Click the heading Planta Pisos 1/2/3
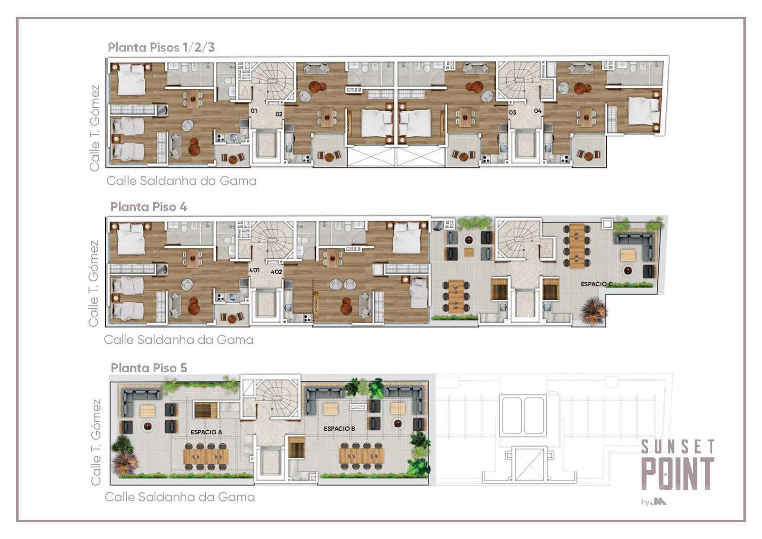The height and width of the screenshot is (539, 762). point(161,47)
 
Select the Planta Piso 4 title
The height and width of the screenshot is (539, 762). point(149,207)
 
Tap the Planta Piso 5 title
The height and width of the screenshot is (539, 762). point(149,368)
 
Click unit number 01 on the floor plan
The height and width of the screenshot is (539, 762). point(254,111)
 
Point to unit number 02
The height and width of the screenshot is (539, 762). point(279,114)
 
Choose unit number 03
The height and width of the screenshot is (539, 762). point(512,112)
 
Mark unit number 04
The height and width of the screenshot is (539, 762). point(538,111)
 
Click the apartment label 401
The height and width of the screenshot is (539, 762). point(254,270)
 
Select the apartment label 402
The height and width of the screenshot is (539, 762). point(276,272)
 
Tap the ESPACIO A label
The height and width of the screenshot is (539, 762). point(206,432)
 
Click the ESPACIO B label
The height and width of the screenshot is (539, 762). point(339,429)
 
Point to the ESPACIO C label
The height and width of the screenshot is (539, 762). point(597,284)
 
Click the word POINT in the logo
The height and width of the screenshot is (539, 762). point(677,474)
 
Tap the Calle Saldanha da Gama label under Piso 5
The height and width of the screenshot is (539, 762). point(180,497)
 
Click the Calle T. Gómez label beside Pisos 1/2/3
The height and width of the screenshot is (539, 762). point(94,128)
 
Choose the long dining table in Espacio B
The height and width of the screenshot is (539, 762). point(361,456)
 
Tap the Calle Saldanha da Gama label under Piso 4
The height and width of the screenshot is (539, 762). point(179,340)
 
